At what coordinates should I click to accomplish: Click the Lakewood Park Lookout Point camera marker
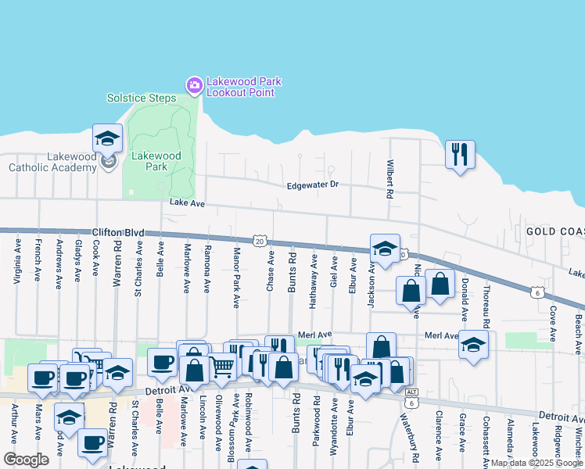click(193, 84)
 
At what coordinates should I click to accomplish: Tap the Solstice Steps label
click(142, 98)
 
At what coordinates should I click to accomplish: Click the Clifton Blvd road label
click(119, 232)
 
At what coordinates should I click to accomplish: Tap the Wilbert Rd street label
click(389, 179)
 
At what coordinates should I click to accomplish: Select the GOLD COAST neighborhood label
click(554, 232)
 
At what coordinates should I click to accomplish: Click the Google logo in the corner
click(26, 460)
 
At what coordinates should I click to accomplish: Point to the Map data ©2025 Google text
click(537, 463)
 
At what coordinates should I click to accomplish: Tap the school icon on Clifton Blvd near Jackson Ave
click(384, 248)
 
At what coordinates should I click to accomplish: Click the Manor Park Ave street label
click(236, 277)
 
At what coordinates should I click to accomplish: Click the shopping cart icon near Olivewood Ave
click(223, 366)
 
